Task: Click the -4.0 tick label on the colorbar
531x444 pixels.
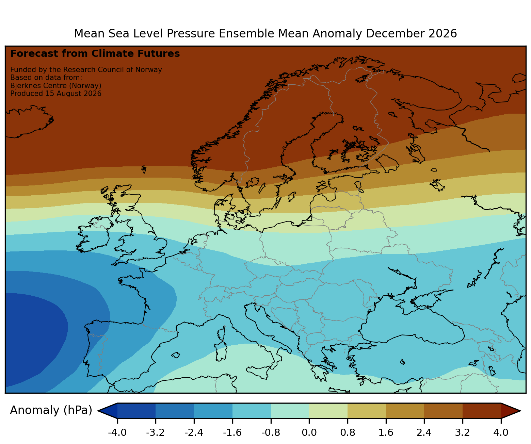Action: tap(117, 432)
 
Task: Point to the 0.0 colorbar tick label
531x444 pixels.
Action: tap(309, 432)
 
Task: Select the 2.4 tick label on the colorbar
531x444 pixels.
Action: tap(424, 432)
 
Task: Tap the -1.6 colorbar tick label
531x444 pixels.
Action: tap(232, 432)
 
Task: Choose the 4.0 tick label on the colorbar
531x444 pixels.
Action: tap(501, 432)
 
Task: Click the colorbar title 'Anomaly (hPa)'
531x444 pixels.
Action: tap(51, 410)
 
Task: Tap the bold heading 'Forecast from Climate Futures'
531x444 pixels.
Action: tap(95, 54)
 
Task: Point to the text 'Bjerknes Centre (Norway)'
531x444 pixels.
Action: tap(56, 86)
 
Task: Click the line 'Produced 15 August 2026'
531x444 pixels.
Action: tap(56, 94)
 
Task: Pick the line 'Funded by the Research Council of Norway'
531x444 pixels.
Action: tap(86, 70)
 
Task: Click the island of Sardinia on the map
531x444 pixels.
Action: tap(220, 351)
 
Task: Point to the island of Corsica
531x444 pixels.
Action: tap(222, 333)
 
